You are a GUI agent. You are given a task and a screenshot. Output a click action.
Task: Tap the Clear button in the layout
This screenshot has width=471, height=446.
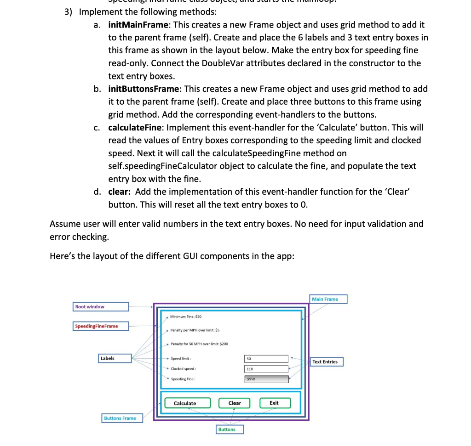pos(234,403)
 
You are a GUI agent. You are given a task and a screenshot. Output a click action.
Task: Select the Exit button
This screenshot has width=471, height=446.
pos(274,403)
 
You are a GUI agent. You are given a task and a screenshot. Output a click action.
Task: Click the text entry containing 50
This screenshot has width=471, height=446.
pos(266,359)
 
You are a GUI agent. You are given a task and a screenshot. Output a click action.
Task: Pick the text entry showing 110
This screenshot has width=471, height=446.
pos(266,369)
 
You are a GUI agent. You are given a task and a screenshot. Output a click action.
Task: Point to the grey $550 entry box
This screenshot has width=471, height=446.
pos(266,379)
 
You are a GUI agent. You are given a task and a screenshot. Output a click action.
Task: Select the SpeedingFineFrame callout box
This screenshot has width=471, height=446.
pos(101,326)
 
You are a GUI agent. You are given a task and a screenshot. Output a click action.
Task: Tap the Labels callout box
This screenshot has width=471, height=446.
pos(115,358)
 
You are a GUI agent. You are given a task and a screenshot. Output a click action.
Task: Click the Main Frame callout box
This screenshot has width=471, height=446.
pos(327,299)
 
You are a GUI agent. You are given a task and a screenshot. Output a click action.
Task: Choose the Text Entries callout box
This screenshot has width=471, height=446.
pos(327,362)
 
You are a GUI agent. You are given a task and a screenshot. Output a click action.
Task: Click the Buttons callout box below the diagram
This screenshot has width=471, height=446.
pos(230,429)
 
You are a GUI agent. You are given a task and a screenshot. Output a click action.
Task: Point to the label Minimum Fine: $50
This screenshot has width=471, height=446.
pos(186,316)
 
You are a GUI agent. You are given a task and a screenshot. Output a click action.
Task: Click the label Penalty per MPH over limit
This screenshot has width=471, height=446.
pos(195,330)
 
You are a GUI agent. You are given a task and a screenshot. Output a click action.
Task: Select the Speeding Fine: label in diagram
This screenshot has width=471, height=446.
pos(183,379)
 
